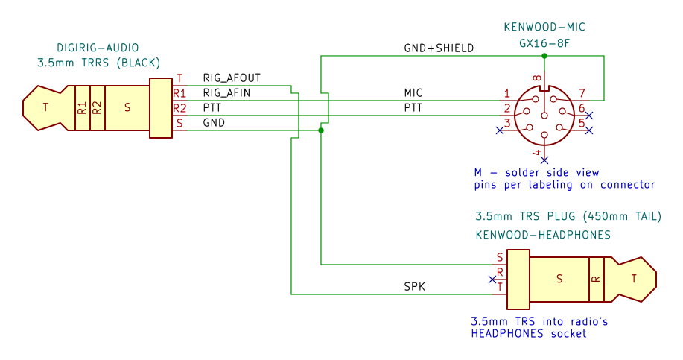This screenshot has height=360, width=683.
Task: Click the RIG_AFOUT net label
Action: coord(232,78)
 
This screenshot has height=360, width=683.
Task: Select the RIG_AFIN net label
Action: coord(226,93)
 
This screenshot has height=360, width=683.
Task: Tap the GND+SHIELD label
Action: coord(439,48)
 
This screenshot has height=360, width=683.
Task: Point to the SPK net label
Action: coord(414,287)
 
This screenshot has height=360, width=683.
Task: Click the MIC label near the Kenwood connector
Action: coord(413,93)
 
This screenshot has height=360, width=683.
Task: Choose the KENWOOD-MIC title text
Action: coord(544,27)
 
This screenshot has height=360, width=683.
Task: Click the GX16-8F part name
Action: coord(544,43)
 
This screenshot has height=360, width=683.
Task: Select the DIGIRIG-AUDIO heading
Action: coord(98,48)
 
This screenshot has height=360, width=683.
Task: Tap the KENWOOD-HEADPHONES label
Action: coord(543,235)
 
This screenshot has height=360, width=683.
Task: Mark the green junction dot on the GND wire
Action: coord(321,130)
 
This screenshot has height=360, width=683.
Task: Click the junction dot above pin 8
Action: coord(544,56)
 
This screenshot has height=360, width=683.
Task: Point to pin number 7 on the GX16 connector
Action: coord(582,93)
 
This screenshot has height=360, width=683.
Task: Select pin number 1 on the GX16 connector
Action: coord(507,93)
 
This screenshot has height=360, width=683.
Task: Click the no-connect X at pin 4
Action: coord(544,160)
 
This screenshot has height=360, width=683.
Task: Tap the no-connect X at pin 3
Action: coord(500,130)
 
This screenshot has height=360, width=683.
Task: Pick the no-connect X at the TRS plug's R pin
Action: coord(492,280)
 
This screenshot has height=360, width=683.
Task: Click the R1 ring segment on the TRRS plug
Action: coord(83,108)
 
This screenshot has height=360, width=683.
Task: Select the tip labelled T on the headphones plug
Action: coord(633,279)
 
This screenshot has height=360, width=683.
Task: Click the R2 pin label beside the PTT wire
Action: coord(180,108)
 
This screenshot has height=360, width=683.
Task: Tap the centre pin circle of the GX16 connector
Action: coord(544,116)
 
